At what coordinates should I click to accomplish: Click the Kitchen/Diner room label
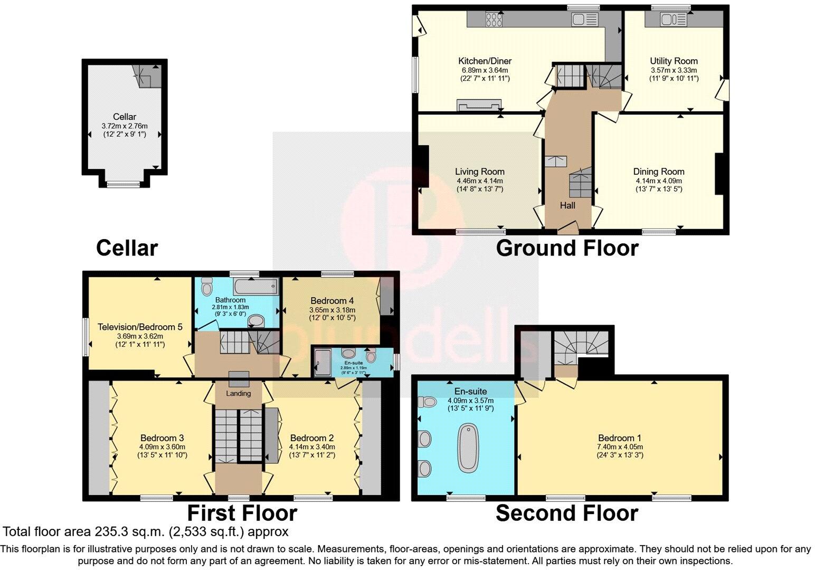[484, 61]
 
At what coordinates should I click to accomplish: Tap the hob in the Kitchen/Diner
[494, 20]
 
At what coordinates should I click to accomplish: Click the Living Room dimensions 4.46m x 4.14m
[479, 180]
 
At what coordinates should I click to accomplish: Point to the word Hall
[567, 205]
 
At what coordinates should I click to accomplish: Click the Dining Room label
[658, 172]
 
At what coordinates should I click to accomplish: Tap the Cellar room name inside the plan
[124, 117]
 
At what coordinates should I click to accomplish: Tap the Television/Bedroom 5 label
[140, 327]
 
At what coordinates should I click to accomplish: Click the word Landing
[239, 394]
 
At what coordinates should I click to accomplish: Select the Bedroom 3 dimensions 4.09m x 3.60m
[162, 446]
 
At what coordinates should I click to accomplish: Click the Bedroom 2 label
[311, 438]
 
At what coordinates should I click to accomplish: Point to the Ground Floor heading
[567, 248]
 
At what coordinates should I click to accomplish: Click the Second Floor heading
[567, 513]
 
